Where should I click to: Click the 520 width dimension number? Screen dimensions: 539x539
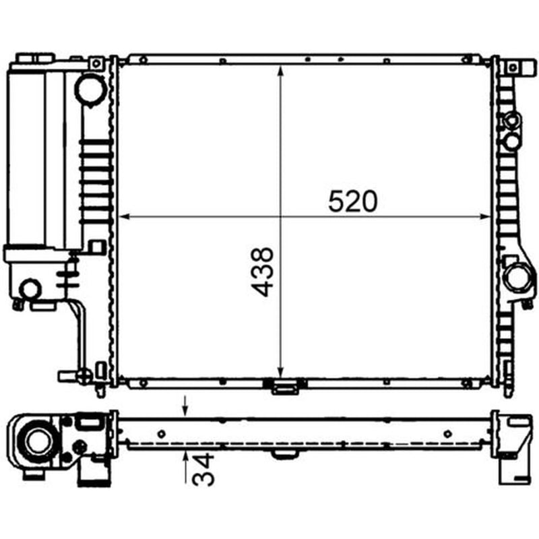tap(352, 201)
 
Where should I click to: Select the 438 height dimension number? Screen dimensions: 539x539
tap(263, 272)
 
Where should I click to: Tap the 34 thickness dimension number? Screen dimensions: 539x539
tap(203, 469)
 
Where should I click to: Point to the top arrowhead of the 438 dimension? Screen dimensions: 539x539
tap(280, 71)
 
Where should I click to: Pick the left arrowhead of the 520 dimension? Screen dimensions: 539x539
tap(123, 216)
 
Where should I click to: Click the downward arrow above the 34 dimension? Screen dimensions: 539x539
tap(186, 406)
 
